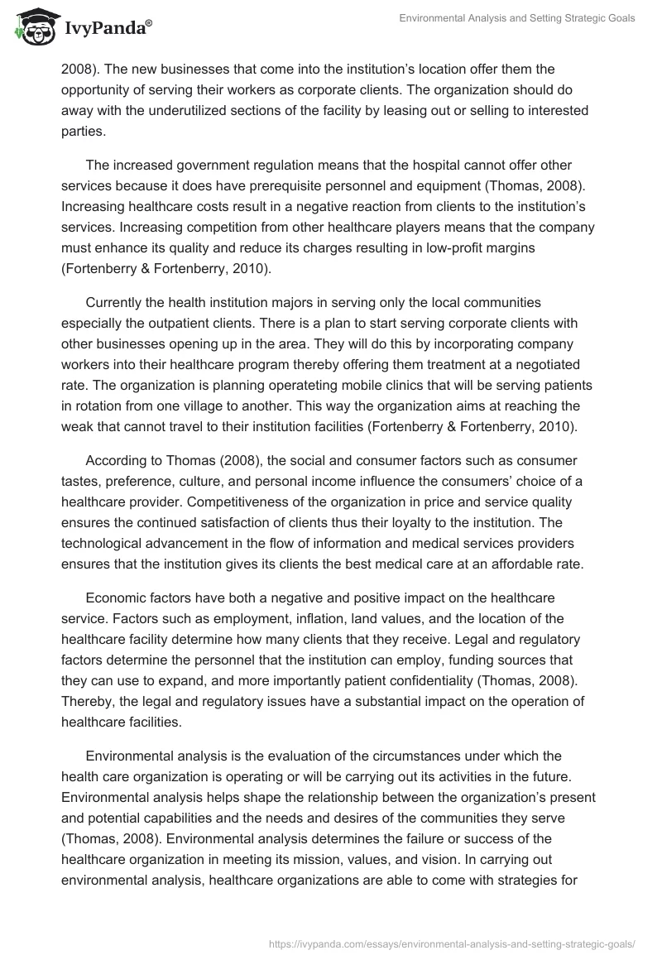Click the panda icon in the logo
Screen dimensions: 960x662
[32, 28]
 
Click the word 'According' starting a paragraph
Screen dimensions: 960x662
[119, 460]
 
